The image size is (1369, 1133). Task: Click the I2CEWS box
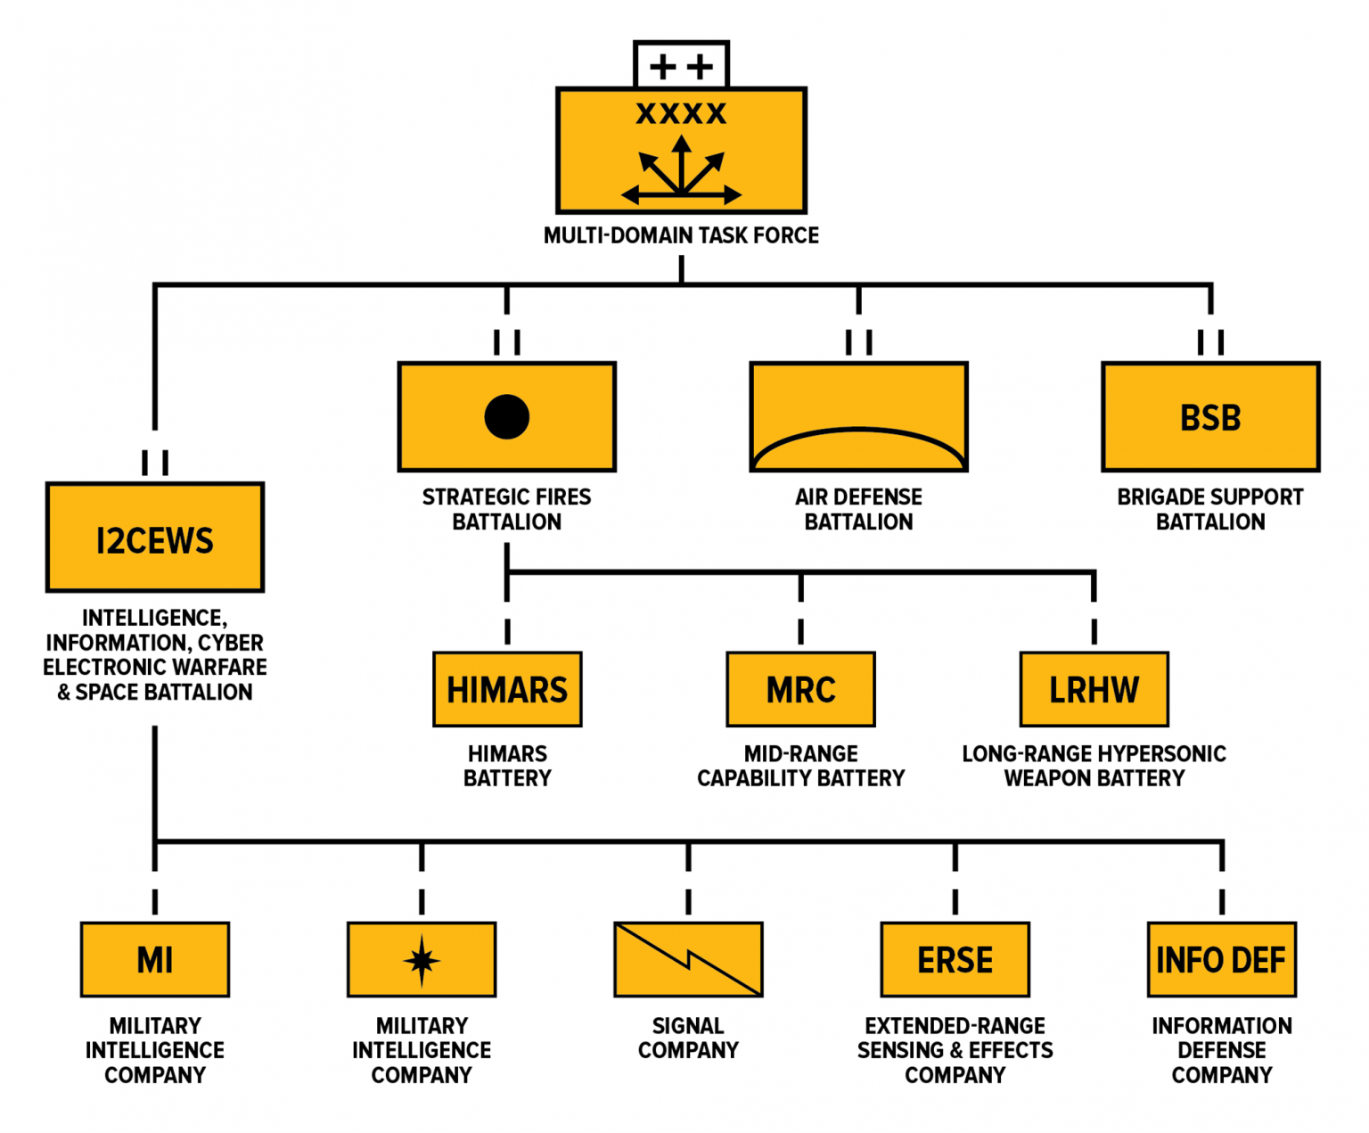[x=155, y=538]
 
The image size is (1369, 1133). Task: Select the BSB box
[x=1210, y=417]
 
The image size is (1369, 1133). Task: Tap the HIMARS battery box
[x=507, y=689]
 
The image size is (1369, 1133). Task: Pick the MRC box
[x=800, y=689]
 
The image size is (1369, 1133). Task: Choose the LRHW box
[x=1094, y=689]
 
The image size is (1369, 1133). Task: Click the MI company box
[x=155, y=960]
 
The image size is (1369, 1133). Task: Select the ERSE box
[x=955, y=960]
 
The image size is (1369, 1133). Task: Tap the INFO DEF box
[x=1221, y=960]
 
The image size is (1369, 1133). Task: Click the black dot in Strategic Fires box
[x=507, y=417]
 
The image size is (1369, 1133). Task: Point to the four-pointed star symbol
[x=422, y=961]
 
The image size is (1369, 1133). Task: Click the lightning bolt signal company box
[x=688, y=960]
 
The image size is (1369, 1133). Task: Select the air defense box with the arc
[x=858, y=417]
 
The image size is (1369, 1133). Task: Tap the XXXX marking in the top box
[x=681, y=114]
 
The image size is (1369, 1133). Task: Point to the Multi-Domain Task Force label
[x=681, y=236]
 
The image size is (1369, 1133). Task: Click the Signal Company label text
[x=688, y=1039]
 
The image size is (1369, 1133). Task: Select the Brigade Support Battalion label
[x=1210, y=509]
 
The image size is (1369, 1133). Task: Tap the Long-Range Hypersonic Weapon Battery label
[x=1094, y=766]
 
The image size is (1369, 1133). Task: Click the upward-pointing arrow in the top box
[x=682, y=160]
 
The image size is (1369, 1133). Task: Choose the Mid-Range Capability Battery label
[x=800, y=766]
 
